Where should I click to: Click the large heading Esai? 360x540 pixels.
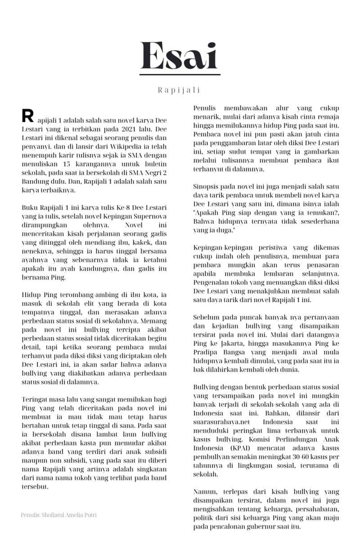tap(180, 56)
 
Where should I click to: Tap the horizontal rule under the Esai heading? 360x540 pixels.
tap(180, 74)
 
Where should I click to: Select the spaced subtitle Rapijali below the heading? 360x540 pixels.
tap(179, 90)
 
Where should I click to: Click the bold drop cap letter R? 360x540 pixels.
tap(28, 116)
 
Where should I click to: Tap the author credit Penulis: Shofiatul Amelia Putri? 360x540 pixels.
tap(58, 515)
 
